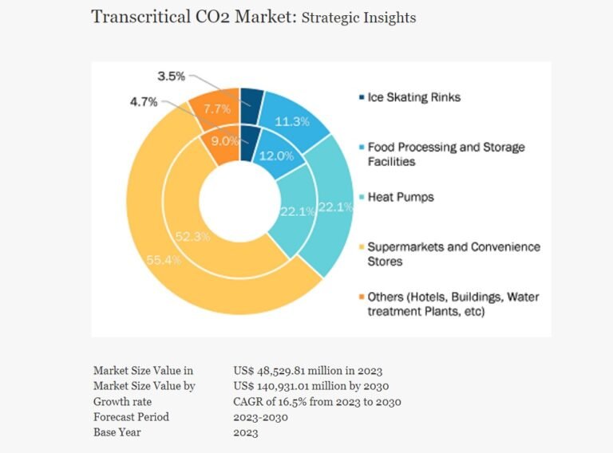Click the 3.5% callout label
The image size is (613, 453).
click(x=172, y=76)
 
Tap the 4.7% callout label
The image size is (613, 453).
click(x=144, y=102)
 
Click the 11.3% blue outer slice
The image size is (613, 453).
click(x=293, y=119)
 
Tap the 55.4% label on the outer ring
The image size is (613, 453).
click(x=164, y=260)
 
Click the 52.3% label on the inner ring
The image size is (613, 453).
click(x=192, y=236)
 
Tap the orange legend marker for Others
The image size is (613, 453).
click(x=362, y=297)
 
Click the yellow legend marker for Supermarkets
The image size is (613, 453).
click(x=362, y=246)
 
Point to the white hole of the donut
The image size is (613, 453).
click(x=239, y=201)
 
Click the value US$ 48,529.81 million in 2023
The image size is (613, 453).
click(x=307, y=370)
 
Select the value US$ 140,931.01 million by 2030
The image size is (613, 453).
click(x=310, y=386)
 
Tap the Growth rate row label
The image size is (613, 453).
click(x=122, y=401)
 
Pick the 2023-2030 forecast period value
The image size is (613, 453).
click(x=261, y=417)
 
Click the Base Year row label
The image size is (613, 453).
click(x=117, y=432)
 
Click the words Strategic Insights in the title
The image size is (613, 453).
click(x=358, y=18)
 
